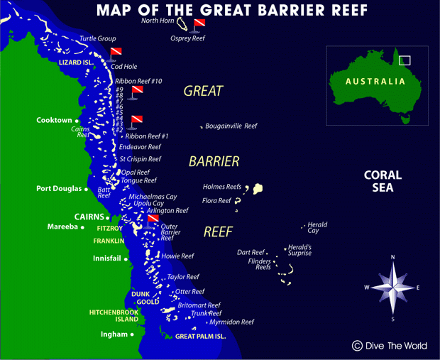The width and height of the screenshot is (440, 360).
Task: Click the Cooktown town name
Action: pos(54,121)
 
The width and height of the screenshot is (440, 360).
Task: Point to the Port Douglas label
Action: pos(59,189)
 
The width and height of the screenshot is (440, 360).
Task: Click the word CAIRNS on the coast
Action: pos(89,216)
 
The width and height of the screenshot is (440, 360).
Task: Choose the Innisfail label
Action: pos(107,258)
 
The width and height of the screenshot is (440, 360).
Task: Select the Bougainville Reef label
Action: pos(231,126)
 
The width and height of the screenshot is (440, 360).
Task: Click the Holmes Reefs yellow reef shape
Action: pos(258,189)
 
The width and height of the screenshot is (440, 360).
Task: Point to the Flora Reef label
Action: pos(216,201)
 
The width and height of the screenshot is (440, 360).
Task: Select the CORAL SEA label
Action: pos(383,181)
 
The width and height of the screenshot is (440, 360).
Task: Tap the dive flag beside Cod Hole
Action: pos(116,53)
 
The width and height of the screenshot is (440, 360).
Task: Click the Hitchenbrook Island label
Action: pos(113,315)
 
